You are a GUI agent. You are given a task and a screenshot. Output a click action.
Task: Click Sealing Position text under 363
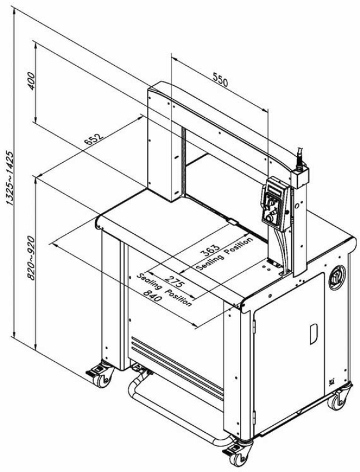[x=224, y=254]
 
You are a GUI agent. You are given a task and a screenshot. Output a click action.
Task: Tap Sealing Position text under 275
[x=164, y=290]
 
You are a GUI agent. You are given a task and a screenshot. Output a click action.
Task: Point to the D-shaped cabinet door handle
[x=314, y=334]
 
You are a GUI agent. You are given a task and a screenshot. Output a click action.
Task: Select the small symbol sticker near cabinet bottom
[x=331, y=381]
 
